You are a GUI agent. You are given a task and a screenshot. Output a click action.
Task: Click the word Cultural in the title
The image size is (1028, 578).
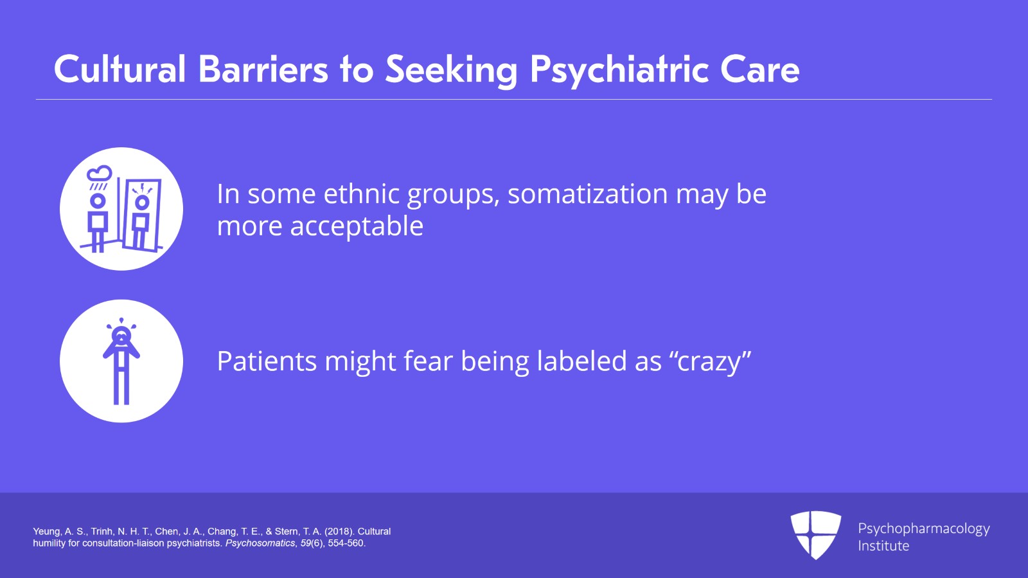(x=120, y=69)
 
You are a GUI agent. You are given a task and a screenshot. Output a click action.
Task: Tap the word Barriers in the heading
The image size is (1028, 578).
(x=263, y=69)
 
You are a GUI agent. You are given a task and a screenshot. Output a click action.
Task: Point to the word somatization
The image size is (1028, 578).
(x=587, y=194)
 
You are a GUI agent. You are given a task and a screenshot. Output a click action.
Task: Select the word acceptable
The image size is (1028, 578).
(x=357, y=226)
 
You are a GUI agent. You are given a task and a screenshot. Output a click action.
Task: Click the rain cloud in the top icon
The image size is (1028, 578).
(x=100, y=174)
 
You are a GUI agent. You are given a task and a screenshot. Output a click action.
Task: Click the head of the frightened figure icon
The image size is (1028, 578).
(x=121, y=336)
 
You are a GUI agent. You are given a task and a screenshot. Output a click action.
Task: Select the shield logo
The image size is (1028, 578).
(x=815, y=534)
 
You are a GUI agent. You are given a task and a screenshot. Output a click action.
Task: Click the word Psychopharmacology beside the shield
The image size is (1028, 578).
(x=923, y=528)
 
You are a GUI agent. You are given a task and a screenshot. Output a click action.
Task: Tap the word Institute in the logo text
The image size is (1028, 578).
(x=883, y=546)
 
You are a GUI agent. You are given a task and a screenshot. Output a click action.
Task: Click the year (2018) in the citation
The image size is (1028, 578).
(x=339, y=532)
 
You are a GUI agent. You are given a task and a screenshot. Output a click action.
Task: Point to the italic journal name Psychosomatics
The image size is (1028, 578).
(x=260, y=543)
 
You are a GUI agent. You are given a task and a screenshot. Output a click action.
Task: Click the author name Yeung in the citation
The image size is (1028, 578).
(x=46, y=532)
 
